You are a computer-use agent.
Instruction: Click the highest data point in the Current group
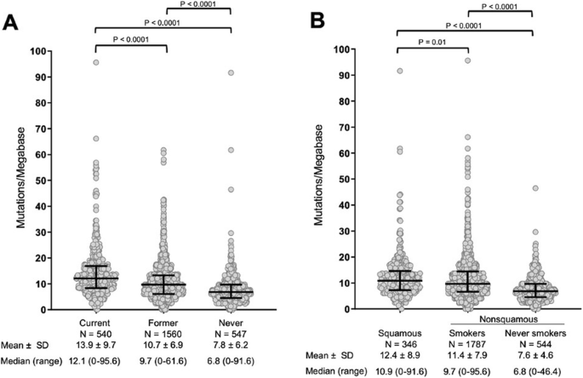point(96,62)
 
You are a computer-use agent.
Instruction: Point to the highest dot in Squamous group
point(397,71)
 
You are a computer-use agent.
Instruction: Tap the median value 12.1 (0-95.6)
point(95,363)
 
